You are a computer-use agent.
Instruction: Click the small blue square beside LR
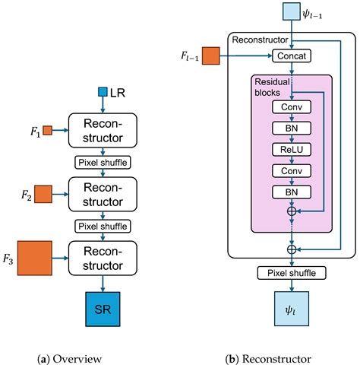[x=103, y=93]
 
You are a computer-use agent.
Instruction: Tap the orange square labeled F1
[x=46, y=130]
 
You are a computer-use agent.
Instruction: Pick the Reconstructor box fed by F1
[x=102, y=131]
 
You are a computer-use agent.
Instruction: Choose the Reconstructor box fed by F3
[x=102, y=259]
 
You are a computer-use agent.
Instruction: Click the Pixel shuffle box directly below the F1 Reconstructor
[x=102, y=163]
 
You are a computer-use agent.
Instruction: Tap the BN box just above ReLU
[x=292, y=128]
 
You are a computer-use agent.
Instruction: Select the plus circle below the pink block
[x=292, y=249]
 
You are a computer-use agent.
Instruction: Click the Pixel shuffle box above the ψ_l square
[x=292, y=272]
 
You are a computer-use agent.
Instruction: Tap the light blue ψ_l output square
[x=292, y=311]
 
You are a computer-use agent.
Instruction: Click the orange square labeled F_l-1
[x=210, y=56]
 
